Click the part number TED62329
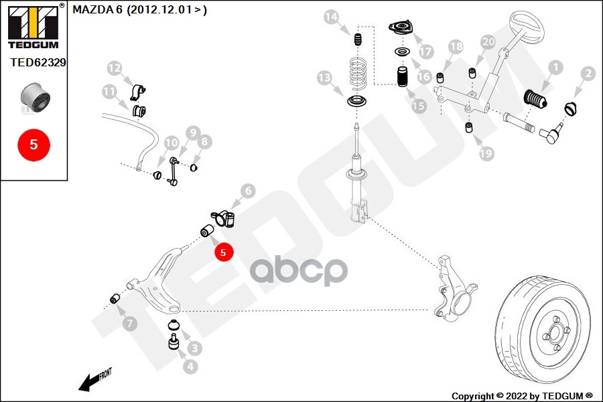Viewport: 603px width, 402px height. (x=38, y=63)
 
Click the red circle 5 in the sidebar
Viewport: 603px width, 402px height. (x=33, y=143)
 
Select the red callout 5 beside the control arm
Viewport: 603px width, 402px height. (x=224, y=252)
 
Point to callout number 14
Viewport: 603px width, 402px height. (x=331, y=17)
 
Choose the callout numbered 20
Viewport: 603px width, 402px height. (x=488, y=42)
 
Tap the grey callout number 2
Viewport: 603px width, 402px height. (x=588, y=74)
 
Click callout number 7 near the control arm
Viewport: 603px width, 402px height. (x=130, y=324)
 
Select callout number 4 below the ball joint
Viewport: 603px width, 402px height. (x=191, y=366)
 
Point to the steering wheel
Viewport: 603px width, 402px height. (x=527, y=27)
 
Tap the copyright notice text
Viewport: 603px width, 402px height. (x=521, y=395)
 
